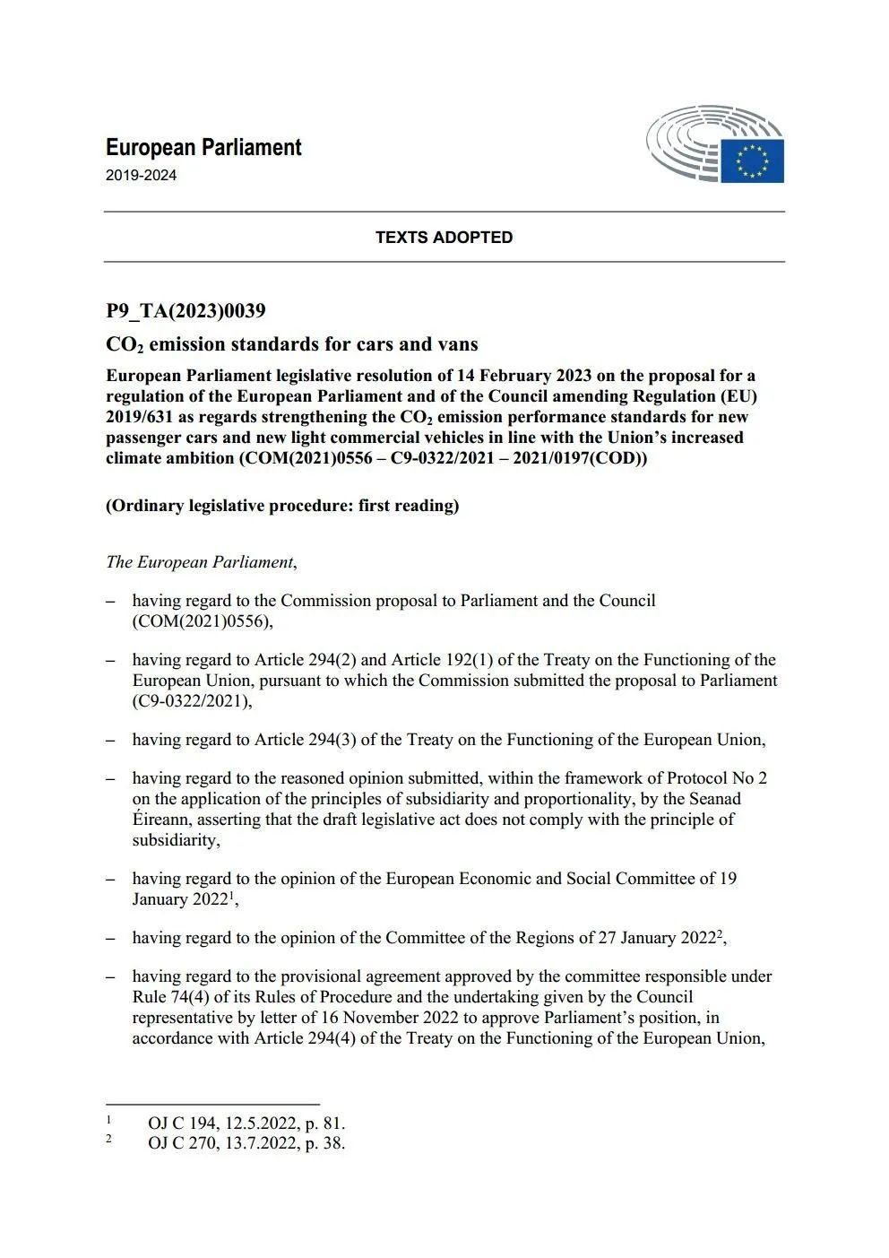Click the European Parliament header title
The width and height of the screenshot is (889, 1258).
coord(203,148)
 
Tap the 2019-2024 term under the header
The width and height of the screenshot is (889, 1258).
coord(141,176)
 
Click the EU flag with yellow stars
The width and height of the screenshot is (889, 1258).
coord(752,161)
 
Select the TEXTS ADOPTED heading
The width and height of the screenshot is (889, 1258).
coord(444,238)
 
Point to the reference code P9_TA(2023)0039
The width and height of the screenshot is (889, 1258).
coord(186,311)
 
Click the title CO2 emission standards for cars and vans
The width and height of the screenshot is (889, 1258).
coord(291,344)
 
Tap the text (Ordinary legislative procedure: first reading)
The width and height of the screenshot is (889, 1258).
coord(282,506)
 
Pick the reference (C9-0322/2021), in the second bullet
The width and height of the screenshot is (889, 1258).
coord(193,701)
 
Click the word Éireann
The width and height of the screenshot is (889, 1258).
coord(161,820)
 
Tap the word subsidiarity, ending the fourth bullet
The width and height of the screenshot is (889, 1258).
coord(176,840)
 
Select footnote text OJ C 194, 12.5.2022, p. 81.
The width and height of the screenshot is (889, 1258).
coord(246,1124)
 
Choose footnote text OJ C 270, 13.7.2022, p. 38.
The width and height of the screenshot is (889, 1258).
coord(246,1143)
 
